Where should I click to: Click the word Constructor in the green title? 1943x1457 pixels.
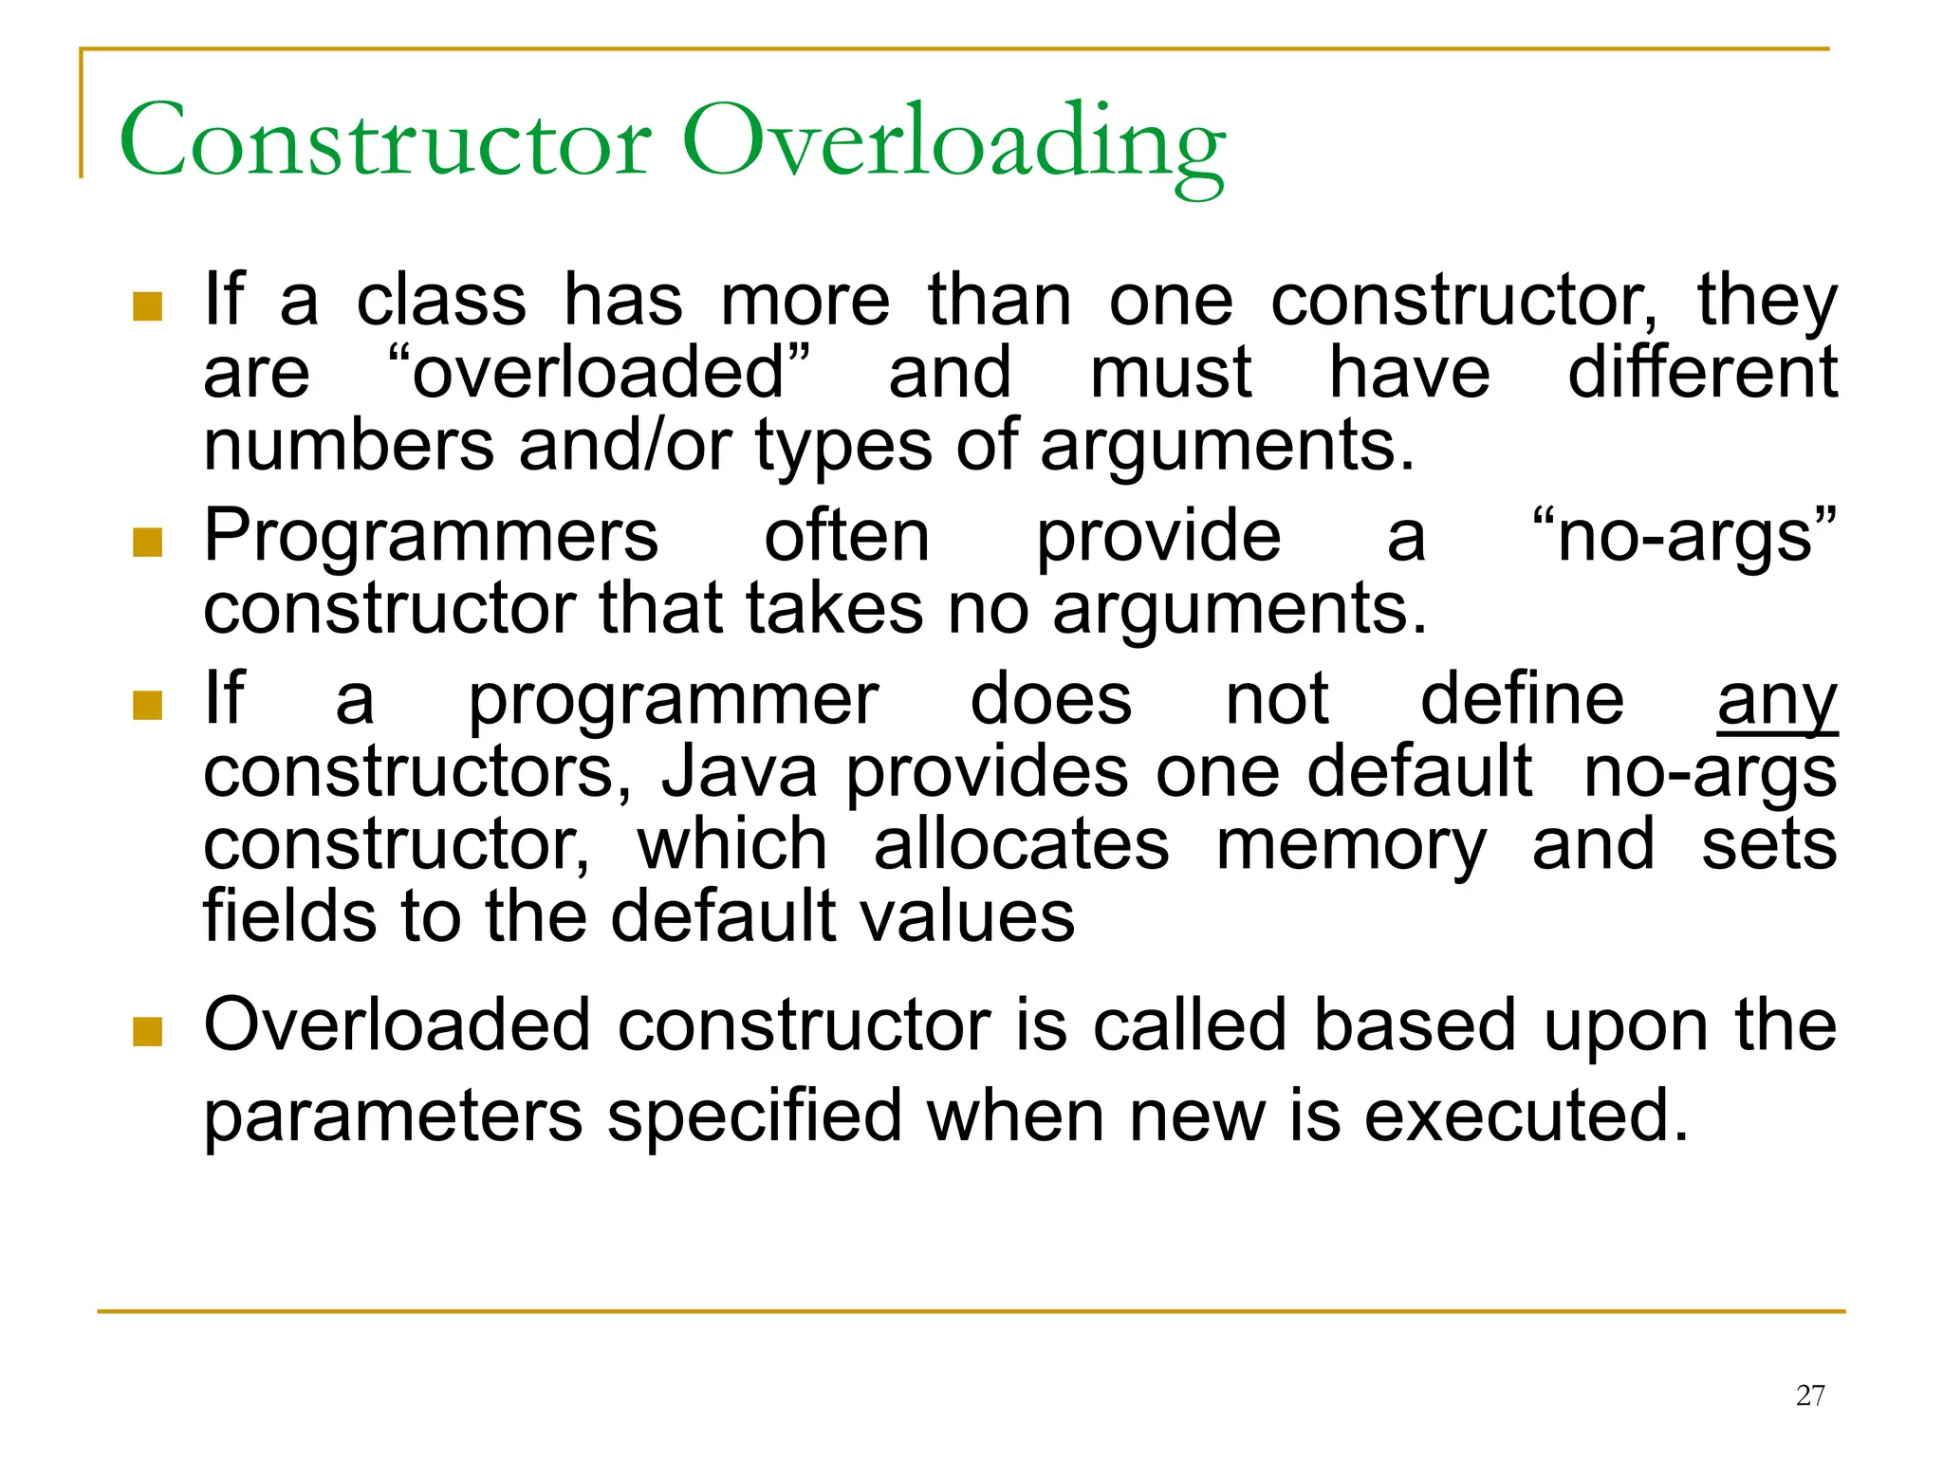[385, 142]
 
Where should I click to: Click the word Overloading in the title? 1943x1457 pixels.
[953, 144]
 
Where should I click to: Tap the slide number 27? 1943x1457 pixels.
[1810, 1395]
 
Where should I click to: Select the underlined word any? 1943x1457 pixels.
[1777, 702]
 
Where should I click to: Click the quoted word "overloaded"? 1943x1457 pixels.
[600, 372]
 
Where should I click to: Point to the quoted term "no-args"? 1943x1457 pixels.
[1684, 537]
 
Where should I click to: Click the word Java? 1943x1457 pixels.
[739, 772]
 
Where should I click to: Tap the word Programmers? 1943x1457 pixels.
[431, 537]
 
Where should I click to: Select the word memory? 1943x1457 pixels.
[1351, 845]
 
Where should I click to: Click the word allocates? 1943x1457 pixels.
[1021, 845]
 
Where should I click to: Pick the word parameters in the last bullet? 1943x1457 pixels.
[394, 1116]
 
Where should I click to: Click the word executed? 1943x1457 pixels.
[1527, 1116]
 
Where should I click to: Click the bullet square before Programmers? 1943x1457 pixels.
[148, 543]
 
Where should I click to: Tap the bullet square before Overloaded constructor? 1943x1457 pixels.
[148, 1031]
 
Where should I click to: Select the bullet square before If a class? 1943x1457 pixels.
[148, 306]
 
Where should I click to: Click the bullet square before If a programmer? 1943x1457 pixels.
[148, 705]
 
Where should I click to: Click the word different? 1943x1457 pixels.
[1702, 372]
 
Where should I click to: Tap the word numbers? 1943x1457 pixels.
[349, 445]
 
